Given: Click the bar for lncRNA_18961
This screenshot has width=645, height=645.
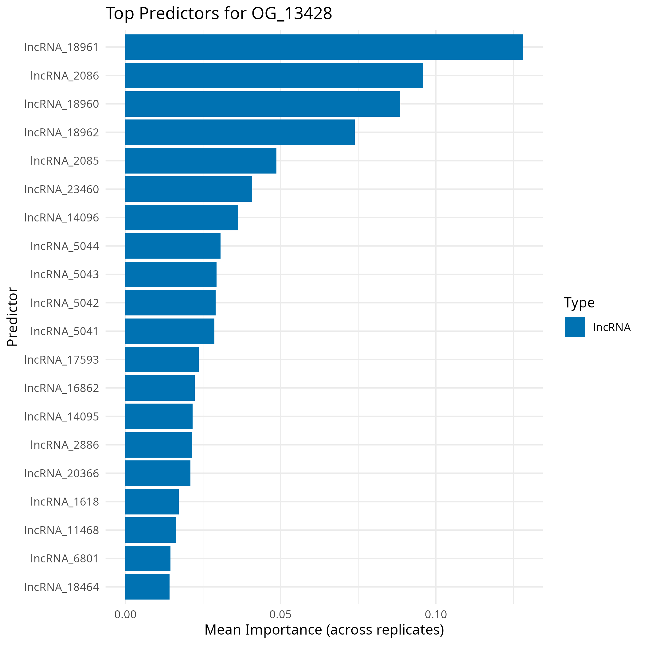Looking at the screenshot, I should (x=324, y=47).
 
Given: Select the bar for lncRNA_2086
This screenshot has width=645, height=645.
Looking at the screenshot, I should (x=274, y=76).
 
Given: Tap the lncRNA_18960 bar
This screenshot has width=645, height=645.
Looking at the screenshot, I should (x=262, y=104).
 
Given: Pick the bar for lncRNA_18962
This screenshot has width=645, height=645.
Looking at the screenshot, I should (x=240, y=132).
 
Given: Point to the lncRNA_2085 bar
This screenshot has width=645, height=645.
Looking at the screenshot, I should (x=201, y=161).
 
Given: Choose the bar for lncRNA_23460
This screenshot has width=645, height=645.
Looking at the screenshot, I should (x=189, y=189).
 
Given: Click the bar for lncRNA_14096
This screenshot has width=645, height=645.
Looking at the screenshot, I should (x=182, y=217).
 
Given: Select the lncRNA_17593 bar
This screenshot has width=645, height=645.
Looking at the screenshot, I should (x=162, y=360).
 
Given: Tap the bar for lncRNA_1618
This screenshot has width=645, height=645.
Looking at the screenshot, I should (x=152, y=502).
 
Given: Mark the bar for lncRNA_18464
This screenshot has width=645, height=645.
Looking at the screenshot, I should (x=147, y=587).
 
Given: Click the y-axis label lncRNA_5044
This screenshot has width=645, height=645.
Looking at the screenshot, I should (x=65, y=246).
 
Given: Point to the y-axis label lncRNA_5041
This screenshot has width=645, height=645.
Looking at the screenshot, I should (x=65, y=331).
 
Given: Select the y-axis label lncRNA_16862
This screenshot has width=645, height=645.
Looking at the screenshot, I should (x=61, y=388).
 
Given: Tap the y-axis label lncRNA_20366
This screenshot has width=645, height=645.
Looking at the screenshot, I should (x=61, y=473).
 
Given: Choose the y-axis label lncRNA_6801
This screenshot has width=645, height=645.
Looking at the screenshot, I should (x=65, y=558).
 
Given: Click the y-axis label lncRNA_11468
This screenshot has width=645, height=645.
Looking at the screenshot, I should (x=61, y=530).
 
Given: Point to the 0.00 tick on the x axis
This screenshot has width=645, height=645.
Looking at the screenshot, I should (x=125, y=615).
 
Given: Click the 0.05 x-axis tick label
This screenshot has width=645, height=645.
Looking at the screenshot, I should (x=280, y=615).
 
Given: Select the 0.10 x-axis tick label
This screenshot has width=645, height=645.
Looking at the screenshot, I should (x=436, y=615).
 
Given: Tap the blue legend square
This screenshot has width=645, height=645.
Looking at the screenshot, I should (x=575, y=327).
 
